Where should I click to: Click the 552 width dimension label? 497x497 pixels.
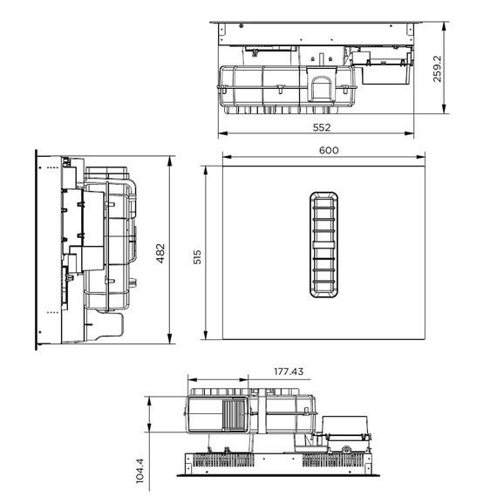tap(321, 127)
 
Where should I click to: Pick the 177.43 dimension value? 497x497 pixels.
tap(289, 371)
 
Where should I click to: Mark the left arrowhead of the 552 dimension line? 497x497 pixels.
tap(220, 134)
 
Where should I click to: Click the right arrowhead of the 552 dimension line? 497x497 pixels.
tap(412, 134)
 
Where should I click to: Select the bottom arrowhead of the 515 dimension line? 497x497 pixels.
tap(204, 340)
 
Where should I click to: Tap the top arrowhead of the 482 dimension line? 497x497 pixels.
tap(169, 158)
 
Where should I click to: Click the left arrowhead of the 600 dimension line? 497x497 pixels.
tap(224, 157)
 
